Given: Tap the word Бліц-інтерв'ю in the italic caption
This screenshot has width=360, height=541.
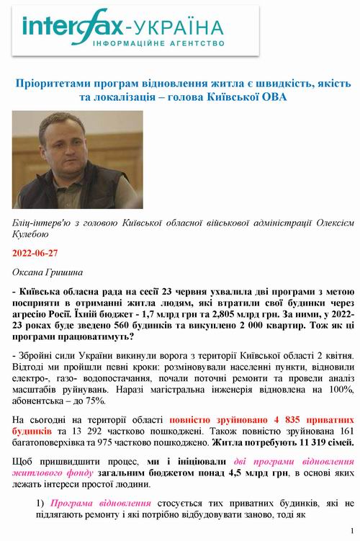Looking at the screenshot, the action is tap(43, 222).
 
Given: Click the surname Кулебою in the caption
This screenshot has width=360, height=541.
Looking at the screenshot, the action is tap(33, 234).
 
